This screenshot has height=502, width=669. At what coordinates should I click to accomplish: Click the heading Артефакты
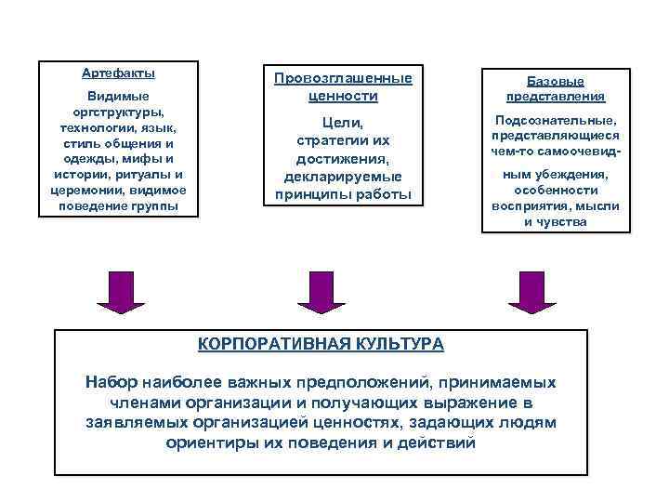pyautogui.click(x=118, y=73)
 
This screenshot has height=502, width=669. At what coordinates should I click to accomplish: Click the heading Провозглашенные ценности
pyautogui.click(x=342, y=86)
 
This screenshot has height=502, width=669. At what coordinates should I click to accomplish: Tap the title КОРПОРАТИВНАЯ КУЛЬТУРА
pyautogui.click(x=321, y=344)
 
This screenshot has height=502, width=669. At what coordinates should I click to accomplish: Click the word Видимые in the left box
pyautogui.click(x=118, y=97)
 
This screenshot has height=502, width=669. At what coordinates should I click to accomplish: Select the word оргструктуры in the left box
pyautogui.click(x=118, y=112)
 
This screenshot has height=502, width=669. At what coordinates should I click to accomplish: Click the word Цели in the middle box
pyautogui.click(x=342, y=123)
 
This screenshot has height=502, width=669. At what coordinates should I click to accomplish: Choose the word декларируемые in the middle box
pyautogui.click(x=342, y=177)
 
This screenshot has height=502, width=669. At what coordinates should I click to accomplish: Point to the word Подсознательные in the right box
pyautogui.click(x=556, y=122)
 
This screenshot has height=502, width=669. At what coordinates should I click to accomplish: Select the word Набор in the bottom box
pyautogui.click(x=111, y=382)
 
